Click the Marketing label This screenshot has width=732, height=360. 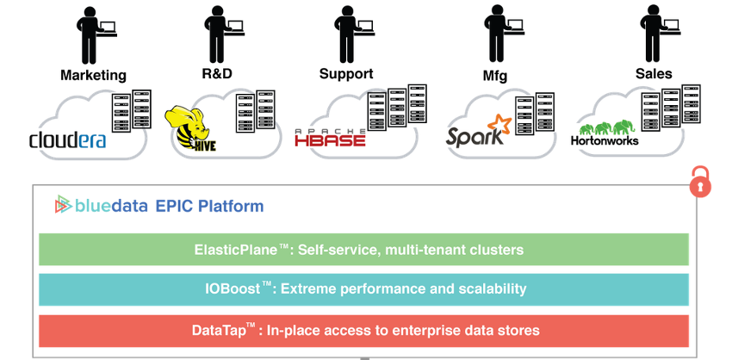point(93,76)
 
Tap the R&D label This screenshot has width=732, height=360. point(218,74)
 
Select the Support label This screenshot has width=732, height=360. point(345,74)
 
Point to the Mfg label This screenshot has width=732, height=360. point(494,76)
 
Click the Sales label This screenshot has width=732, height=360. point(653,74)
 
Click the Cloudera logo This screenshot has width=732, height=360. point(67,139)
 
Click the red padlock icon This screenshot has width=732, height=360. point(702,182)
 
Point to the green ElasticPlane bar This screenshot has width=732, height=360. point(363,250)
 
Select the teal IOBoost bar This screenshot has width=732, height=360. point(363,289)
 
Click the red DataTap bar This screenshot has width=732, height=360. point(363,330)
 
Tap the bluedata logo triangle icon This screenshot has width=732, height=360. point(63,206)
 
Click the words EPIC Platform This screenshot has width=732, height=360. point(209,206)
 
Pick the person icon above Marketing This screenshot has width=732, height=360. point(92,34)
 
